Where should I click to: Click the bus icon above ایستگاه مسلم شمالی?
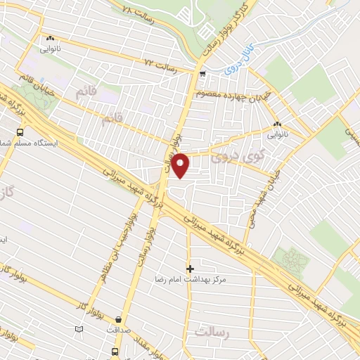[19, 131]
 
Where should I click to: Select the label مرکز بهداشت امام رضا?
[188, 279]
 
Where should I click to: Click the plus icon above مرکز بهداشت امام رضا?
[189, 268]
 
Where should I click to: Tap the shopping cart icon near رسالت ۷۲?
[202, 73]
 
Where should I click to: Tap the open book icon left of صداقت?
[79, 328]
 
